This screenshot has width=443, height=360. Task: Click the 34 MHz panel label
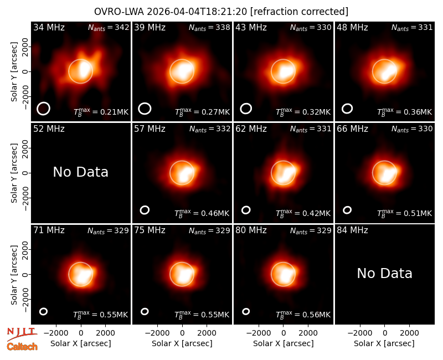tap(49, 27)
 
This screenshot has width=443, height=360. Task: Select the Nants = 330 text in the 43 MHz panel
tap(311, 27)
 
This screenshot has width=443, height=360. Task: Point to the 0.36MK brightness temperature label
tap(404, 112)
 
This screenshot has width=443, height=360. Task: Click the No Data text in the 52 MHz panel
tap(80, 172)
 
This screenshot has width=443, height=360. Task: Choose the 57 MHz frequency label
tap(150, 129)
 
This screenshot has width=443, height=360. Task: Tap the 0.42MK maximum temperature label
tap(303, 213)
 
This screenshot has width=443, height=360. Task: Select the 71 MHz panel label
tap(49, 230)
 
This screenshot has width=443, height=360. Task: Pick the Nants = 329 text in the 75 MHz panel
tap(209, 230)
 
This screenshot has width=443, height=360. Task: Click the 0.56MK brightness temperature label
tap(303, 315)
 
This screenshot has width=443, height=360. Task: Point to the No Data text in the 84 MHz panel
tap(384, 273)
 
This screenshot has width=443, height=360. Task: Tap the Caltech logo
tap(22, 347)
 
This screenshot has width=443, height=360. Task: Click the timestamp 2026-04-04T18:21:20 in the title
tap(197, 12)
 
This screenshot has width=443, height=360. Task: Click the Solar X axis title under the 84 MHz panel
tap(384, 343)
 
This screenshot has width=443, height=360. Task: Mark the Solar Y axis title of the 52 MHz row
tap(14, 173)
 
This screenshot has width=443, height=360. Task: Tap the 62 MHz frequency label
tap(251, 129)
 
